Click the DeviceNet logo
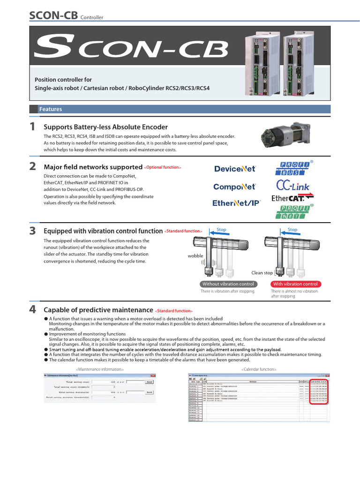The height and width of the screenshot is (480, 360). pos(235,169)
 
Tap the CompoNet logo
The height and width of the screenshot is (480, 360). pos(234,187)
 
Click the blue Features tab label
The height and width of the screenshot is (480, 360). pos(50,109)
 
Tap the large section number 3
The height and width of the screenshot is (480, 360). pos(32,230)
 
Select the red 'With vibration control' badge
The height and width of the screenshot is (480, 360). pos(295,284)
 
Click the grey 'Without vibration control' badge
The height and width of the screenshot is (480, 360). pos(228,284)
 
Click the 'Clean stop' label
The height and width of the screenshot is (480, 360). pos(262,273)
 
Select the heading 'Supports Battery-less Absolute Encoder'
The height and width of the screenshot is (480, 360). pos(105,127)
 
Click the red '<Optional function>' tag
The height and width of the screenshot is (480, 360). pos(162,167)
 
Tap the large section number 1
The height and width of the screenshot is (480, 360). pos(32,126)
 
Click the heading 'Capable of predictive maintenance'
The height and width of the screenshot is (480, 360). pos(98,310)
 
